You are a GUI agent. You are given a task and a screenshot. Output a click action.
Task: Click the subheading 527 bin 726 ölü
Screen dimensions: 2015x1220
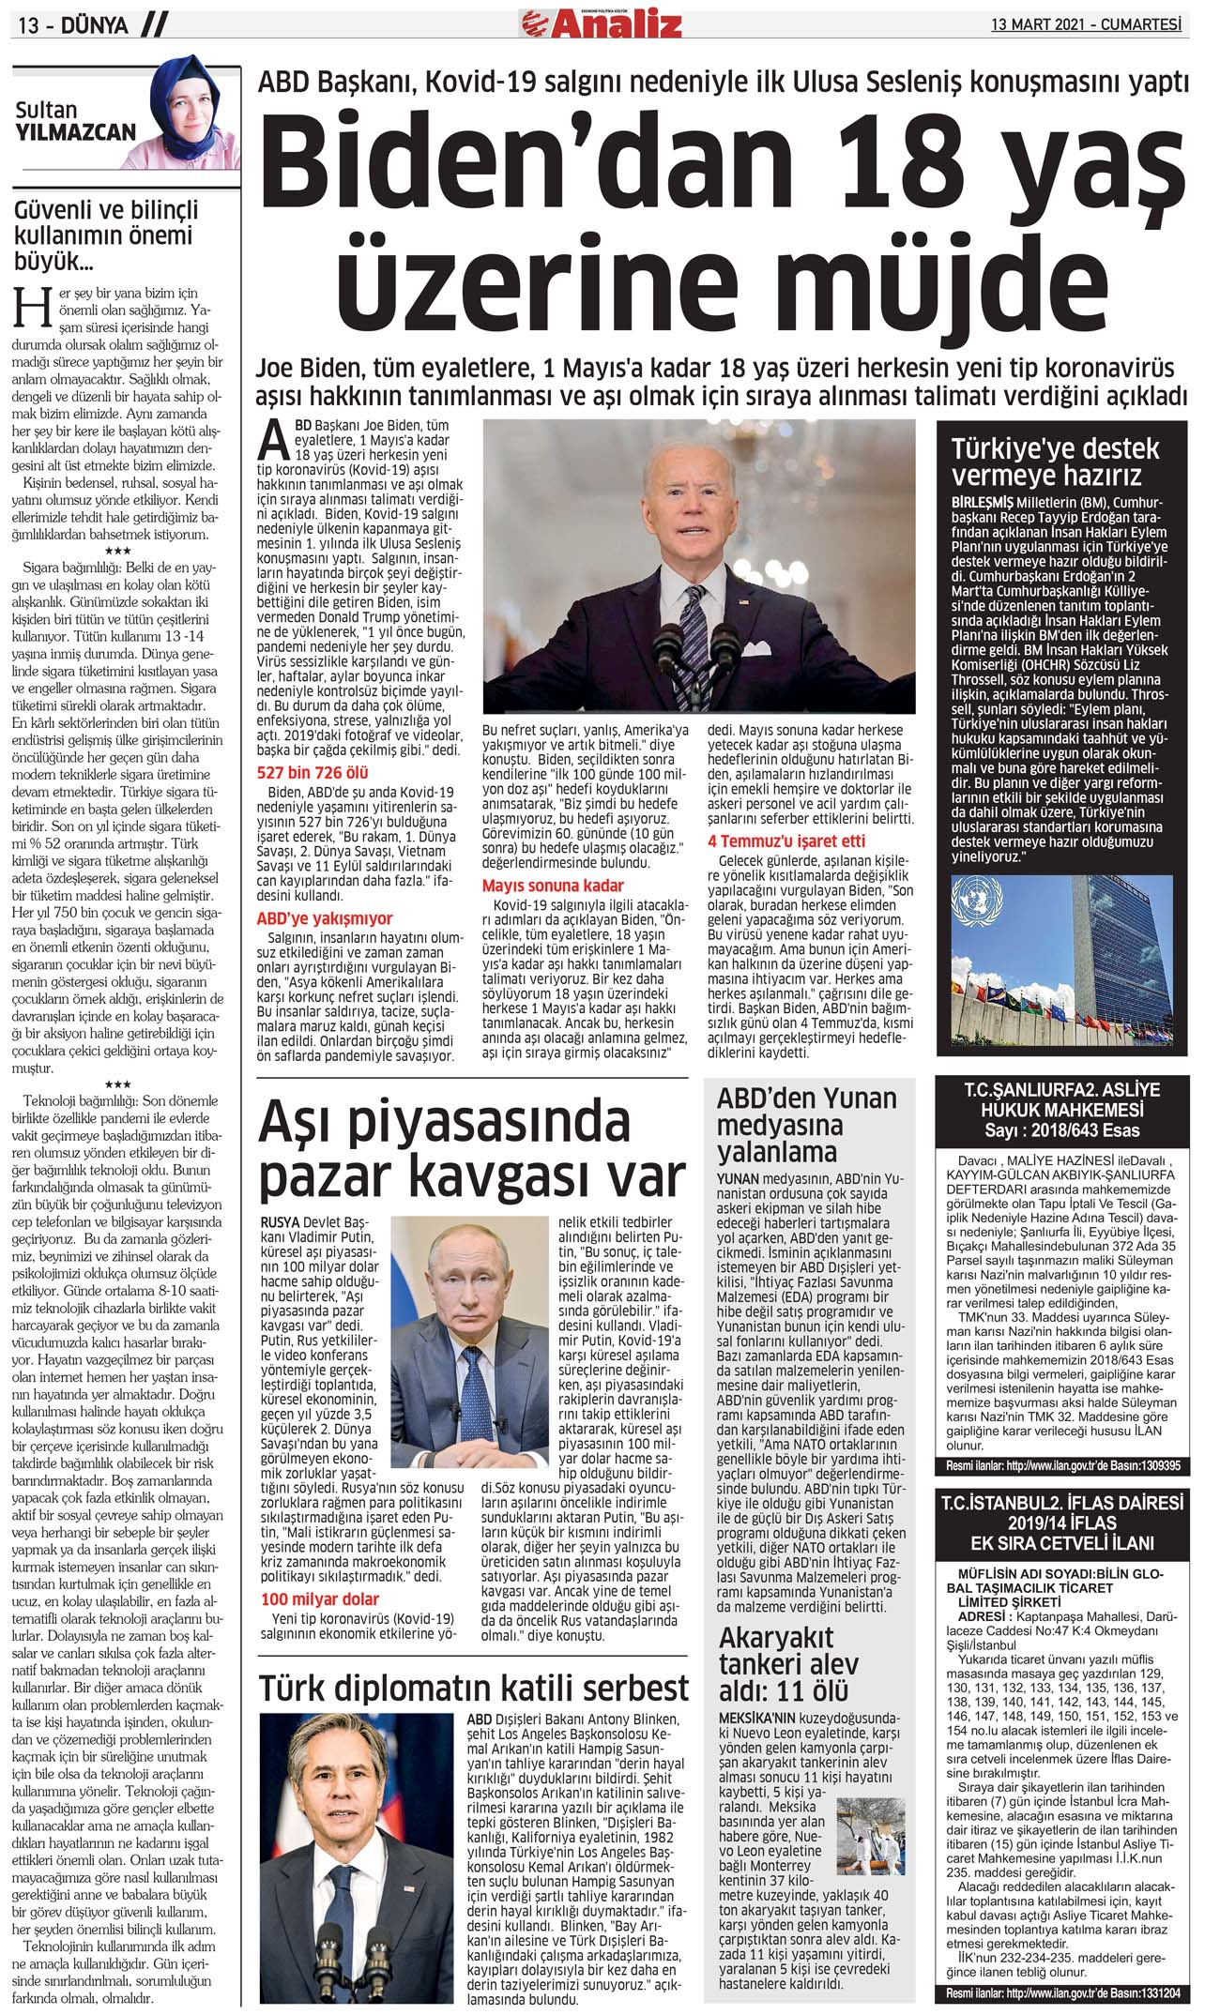[x=313, y=773]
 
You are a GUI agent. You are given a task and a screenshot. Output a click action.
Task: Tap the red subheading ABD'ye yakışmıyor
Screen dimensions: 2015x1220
[x=325, y=918]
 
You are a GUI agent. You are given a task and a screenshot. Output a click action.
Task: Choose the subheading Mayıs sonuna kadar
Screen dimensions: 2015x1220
[x=553, y=885]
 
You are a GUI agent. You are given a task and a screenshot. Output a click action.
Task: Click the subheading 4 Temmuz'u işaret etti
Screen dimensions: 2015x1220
[x=786, y=841]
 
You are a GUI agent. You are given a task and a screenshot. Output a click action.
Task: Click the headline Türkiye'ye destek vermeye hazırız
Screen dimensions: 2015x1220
[x=1055, y=461]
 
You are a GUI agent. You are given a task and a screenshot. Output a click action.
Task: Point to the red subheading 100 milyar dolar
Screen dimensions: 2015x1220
[x=320, y=1598]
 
